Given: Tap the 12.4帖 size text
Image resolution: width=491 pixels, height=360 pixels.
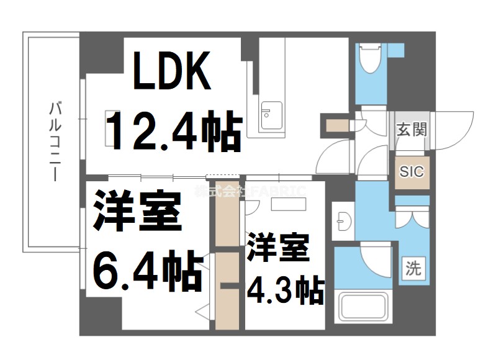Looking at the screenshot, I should [173, 132].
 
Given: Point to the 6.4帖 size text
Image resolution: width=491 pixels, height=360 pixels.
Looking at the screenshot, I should [148, 271].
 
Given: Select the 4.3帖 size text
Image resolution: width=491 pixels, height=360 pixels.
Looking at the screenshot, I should [286, 289].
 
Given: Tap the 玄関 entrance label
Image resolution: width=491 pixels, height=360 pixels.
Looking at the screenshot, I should [412, 130].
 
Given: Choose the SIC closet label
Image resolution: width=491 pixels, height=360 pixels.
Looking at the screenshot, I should [412, 171].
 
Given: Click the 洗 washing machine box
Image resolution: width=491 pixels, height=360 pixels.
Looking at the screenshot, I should [412, 269].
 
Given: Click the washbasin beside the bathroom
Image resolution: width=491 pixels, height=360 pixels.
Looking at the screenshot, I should [343, 220].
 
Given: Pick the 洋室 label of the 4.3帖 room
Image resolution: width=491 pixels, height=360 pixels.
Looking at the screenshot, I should [278, 248].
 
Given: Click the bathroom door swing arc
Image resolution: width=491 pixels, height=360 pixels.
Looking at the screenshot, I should [376, 261].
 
